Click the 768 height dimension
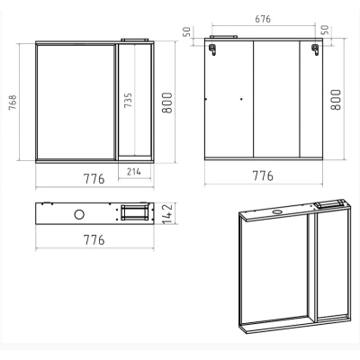[13, 103]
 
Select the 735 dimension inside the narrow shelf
[128, 101]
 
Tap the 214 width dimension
[134, 172]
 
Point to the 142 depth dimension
[167, 213]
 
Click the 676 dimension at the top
[263, 19]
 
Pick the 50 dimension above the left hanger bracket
[186, 31]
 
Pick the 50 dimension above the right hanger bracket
[326, 30]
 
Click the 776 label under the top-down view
[94, 240]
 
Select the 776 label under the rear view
[263, 175]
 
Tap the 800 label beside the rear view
[336, 100]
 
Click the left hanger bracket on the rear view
[212, 49]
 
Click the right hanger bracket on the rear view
[315, 49]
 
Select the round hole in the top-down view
[79, 214]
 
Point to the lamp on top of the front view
[135, 40]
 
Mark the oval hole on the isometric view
[277, 212]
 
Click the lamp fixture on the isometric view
[329, 203]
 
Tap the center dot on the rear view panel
[241, 99]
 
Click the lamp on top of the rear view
[224, 37]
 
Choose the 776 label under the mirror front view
[94, 179]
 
